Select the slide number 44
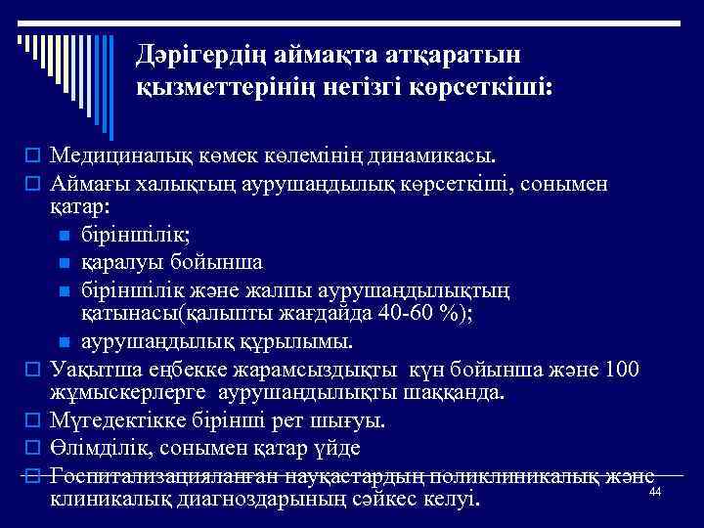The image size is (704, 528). click(x=656, y=491)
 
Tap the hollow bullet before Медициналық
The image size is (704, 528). click(x=31, y=156)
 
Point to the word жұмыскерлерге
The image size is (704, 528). click(x=132, y=394)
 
